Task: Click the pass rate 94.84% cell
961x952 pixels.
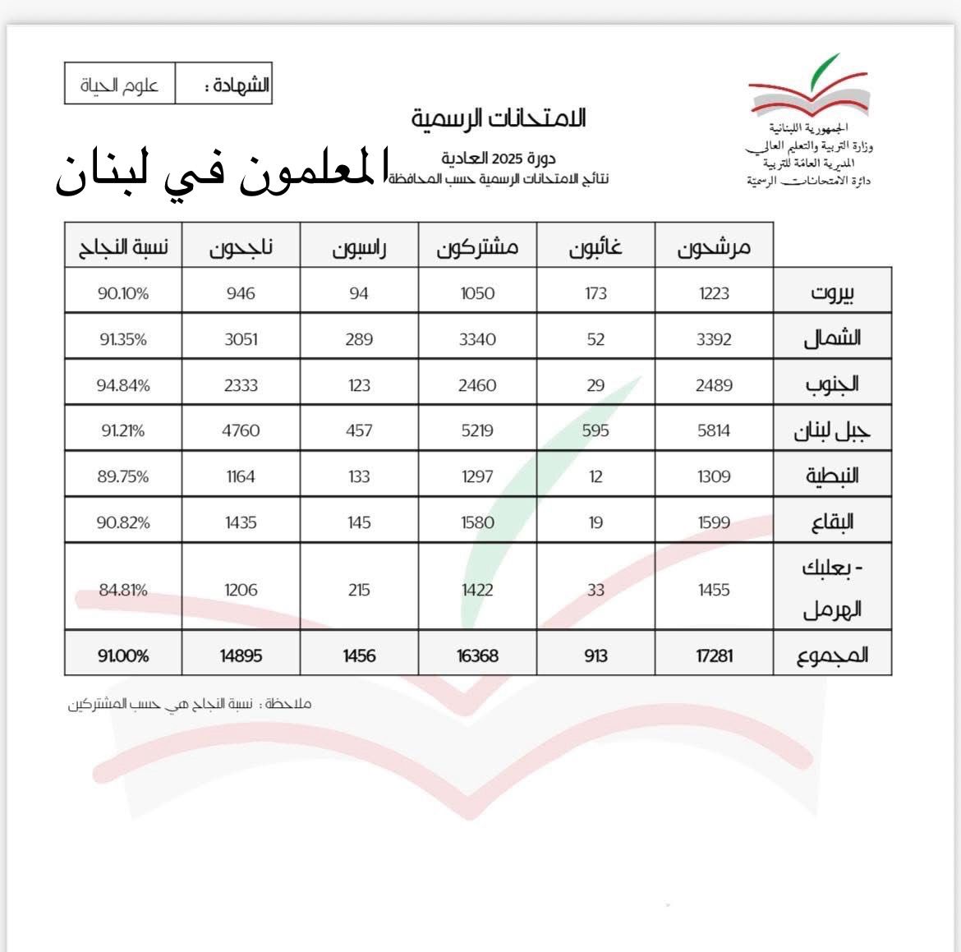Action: click(x=123, y=384)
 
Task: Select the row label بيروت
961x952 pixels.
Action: click(x=832, y=292)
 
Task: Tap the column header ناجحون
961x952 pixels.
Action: click(x=241, y=246)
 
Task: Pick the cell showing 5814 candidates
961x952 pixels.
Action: click(x=714, y=430)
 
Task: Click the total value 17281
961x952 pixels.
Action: click(x=714, y=655)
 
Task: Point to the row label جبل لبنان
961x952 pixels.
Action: click(x=832, y=430)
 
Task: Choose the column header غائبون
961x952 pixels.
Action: click(x=595, y=246)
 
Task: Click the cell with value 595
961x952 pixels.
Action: click(x=595, y=430)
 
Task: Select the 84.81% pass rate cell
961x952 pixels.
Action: click(x=123, y=589)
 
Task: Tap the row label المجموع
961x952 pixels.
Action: click(x=832, y=655)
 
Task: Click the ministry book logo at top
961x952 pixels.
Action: click(x=807, y=86)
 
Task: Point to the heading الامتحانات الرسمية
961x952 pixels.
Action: click(x=499, y=118)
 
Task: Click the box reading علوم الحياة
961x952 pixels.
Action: click(x=120, y=85)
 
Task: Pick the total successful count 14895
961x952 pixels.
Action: click(x=241, y=655)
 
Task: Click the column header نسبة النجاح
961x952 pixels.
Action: click(x=123, y=246)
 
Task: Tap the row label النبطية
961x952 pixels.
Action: click(x=832, y=476)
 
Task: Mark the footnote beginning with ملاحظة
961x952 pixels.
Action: click(x=190, y=704)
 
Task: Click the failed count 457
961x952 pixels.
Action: click(x=359, y=430)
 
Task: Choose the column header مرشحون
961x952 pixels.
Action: click(x=714, y=246)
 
